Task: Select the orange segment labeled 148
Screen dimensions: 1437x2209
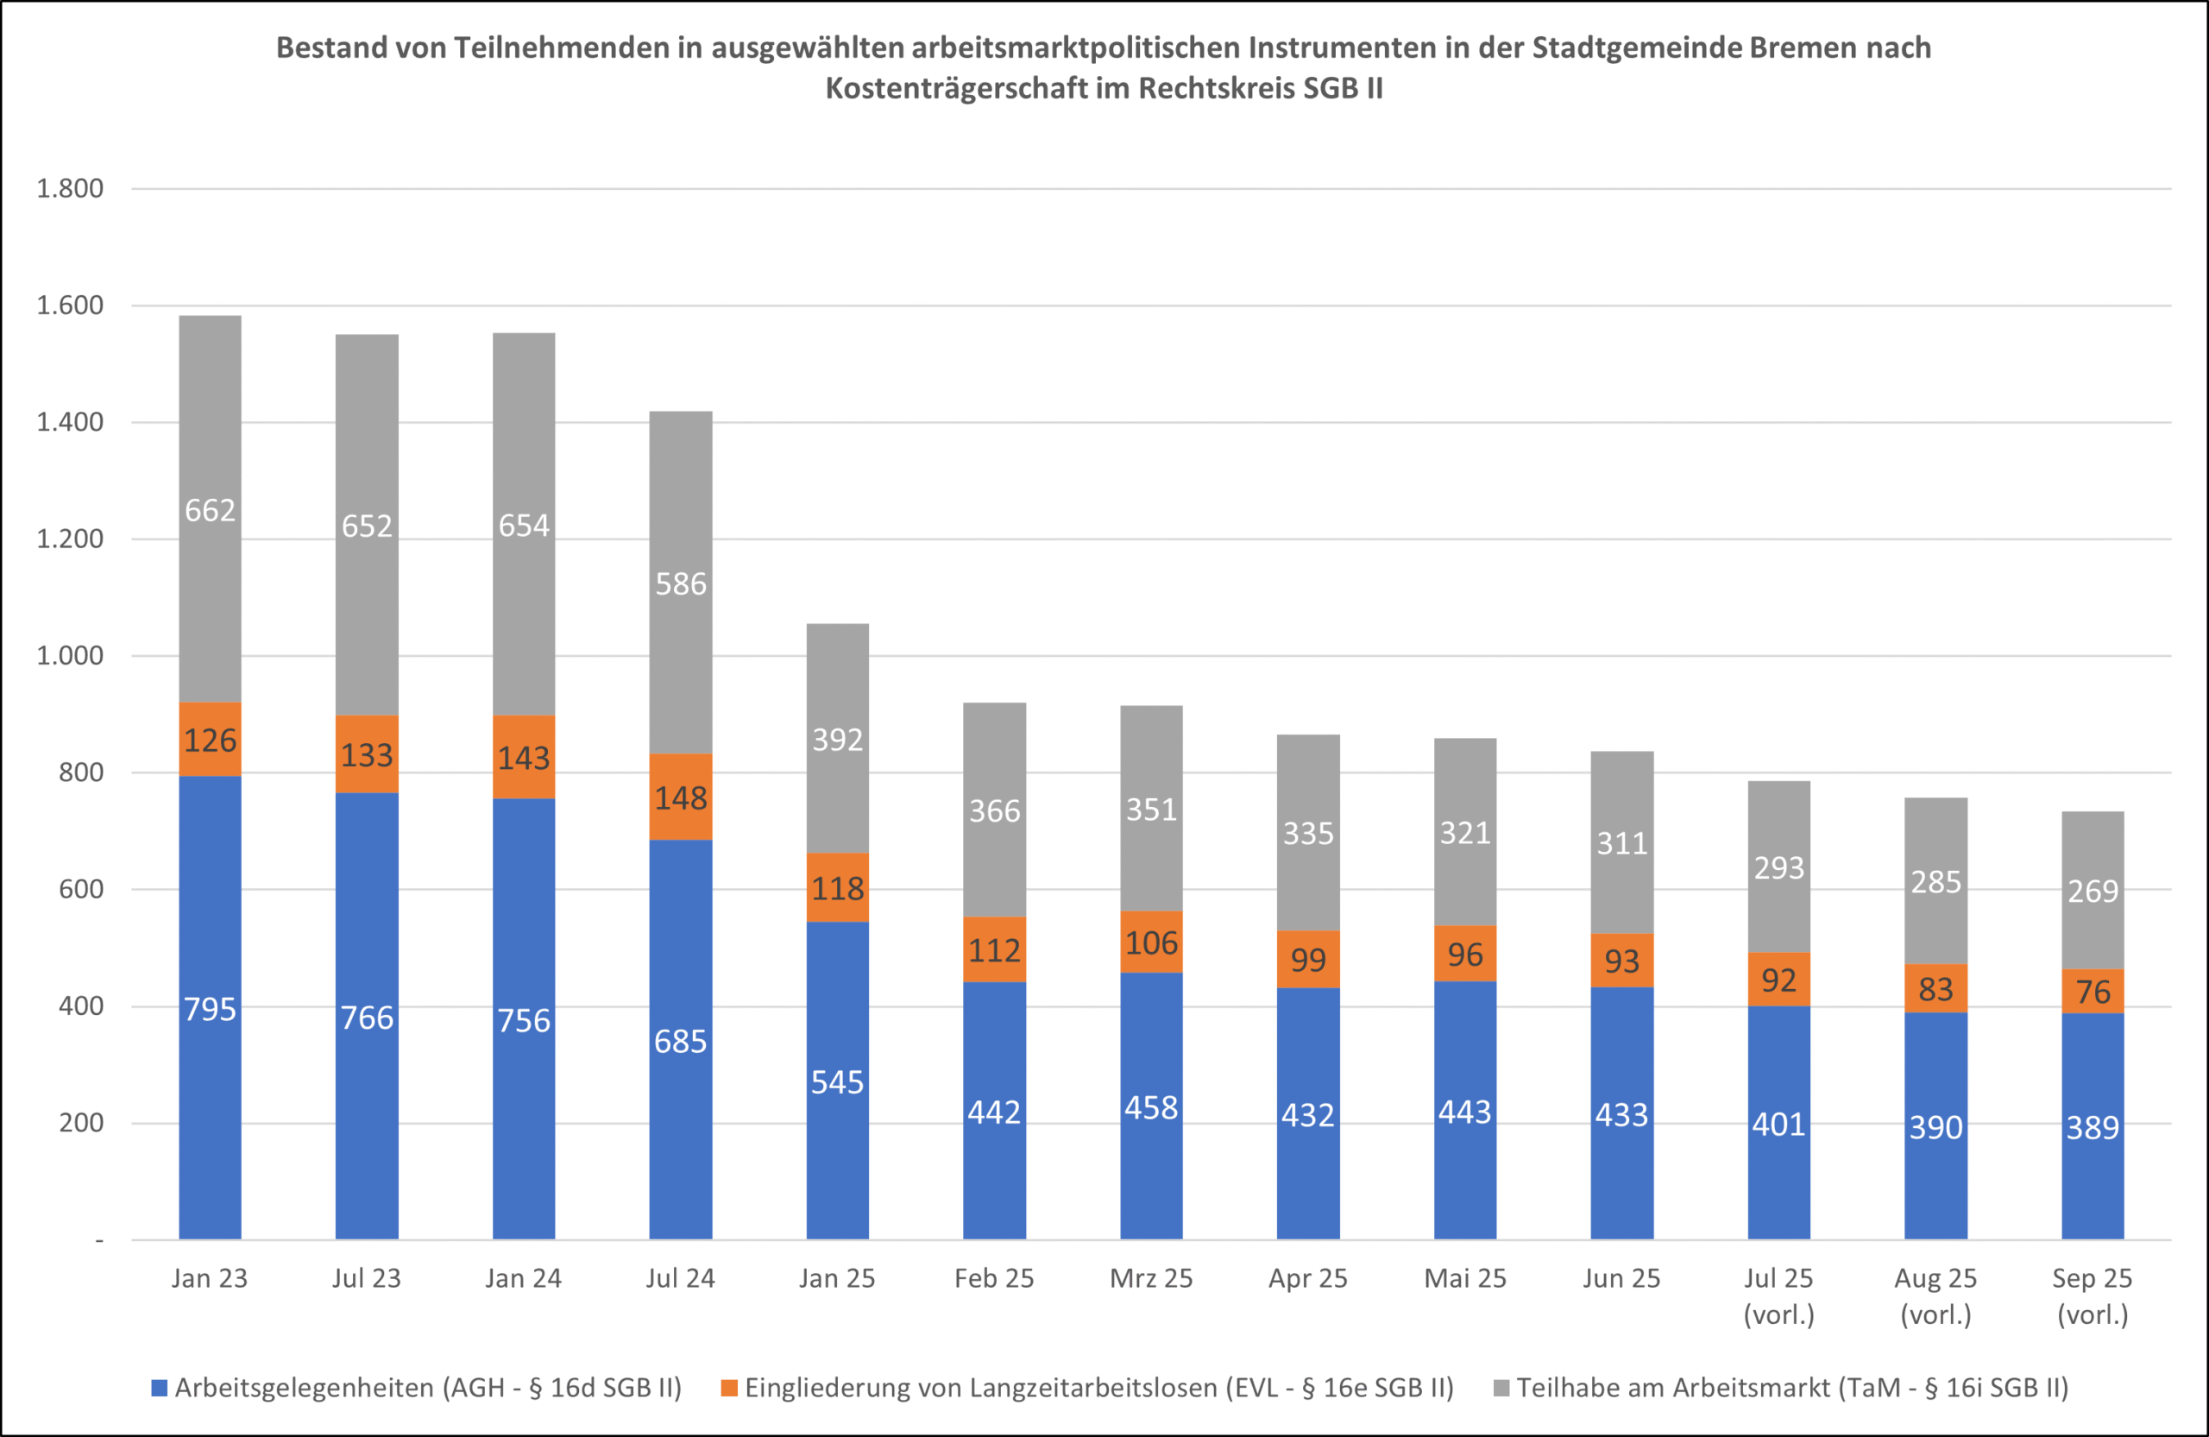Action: [680, 797]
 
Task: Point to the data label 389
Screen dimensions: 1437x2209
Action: [2092, 1128]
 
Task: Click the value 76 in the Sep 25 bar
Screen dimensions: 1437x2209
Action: [2092, 992]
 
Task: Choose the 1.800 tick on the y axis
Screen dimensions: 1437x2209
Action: [70, 188]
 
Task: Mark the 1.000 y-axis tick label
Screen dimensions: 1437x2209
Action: [70, 655]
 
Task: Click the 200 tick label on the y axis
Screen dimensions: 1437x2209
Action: [81, 1122]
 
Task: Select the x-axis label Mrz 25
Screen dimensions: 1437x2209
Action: [1151, 1278]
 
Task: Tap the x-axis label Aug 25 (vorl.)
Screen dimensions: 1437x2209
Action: [1935, 1296]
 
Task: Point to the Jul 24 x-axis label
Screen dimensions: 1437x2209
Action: [680, 1278]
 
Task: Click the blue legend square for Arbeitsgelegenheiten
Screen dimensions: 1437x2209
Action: [160, 1388]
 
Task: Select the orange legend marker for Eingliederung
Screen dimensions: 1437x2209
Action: [728, 1388]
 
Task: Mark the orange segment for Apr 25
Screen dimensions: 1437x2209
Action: [1308, 959]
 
